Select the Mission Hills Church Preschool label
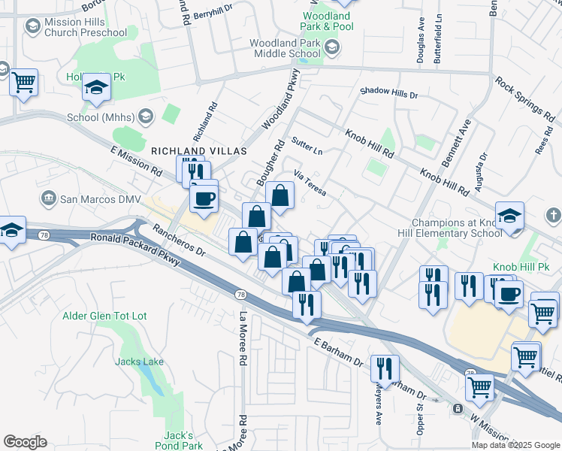click(85, 27)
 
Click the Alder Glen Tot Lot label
click(104, 316)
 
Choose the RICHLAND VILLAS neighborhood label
click(199, 151)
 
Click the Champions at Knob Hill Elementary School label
click(457, 228)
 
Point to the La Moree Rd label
click(243, 338)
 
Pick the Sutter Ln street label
click(307, 147)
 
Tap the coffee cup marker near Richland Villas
click(204, 199)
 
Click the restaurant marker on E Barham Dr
click(385, 369)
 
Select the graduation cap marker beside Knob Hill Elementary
click(509, 216)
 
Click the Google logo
click(25, 442)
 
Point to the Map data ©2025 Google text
click(515, 445)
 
